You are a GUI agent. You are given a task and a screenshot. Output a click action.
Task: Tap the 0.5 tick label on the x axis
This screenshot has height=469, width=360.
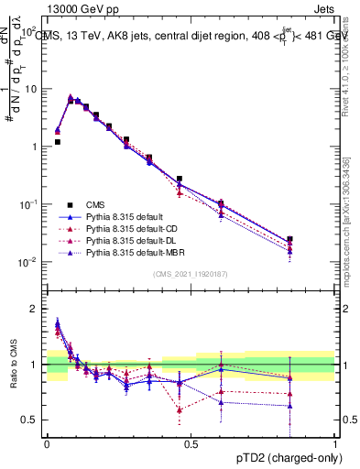coord(191,442)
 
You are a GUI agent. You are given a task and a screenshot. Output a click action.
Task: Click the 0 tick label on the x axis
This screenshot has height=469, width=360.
coord(47,442)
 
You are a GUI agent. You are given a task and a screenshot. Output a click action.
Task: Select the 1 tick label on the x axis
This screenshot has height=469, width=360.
coord(335,442)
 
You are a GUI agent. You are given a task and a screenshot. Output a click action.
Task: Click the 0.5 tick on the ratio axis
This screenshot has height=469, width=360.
coord(33,420)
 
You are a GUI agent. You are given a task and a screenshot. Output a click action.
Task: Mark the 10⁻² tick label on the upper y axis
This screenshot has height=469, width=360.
coord(27,262)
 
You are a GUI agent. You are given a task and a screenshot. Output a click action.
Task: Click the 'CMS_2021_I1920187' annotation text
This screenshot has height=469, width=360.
coord(191,274)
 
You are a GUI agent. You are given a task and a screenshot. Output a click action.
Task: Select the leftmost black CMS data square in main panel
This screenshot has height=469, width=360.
coord(57,142)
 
